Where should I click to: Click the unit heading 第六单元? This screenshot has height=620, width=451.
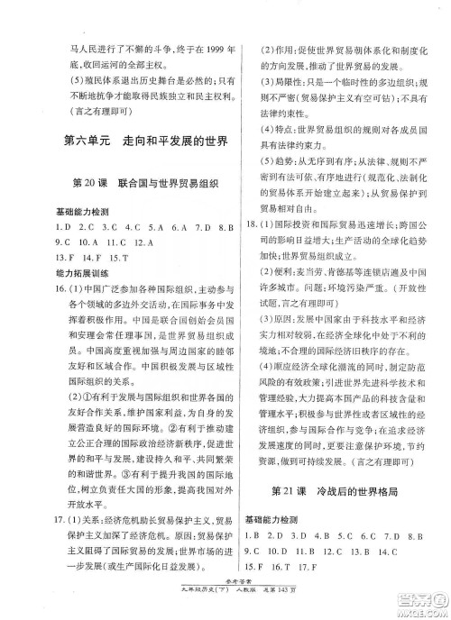pos(85,141)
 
